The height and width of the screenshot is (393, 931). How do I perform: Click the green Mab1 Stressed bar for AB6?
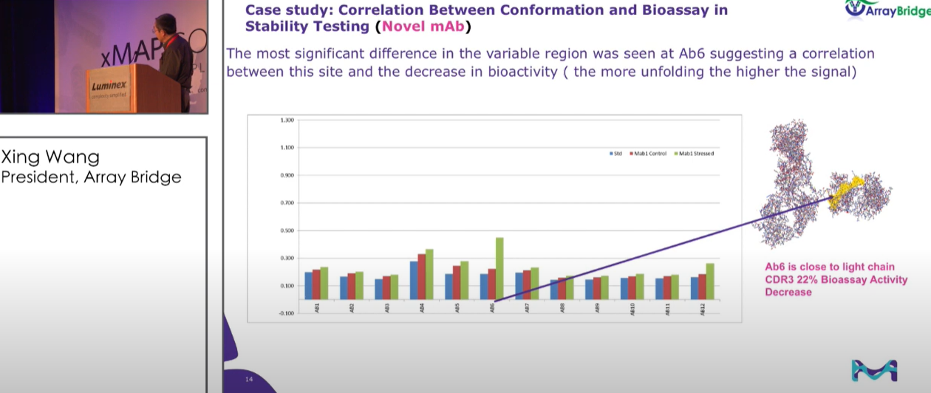(499, 268)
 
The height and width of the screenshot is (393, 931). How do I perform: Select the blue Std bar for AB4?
(414, 280)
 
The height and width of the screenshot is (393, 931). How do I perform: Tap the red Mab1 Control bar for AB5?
(457, 282)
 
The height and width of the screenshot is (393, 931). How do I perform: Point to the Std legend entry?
(615, 154)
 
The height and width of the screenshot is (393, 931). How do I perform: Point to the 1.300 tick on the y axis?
(286, 120)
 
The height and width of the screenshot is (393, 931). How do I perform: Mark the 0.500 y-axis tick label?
(286, 230)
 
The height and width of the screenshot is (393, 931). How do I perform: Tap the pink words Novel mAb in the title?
(423, 27)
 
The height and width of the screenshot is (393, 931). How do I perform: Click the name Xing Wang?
(50, 157)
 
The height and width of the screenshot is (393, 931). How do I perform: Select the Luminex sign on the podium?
(109, 87)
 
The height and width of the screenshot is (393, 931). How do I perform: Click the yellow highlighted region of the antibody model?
(845, 191)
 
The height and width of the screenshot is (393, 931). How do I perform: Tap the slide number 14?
(249, 379)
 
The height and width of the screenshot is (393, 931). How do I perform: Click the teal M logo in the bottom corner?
(874, 370)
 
